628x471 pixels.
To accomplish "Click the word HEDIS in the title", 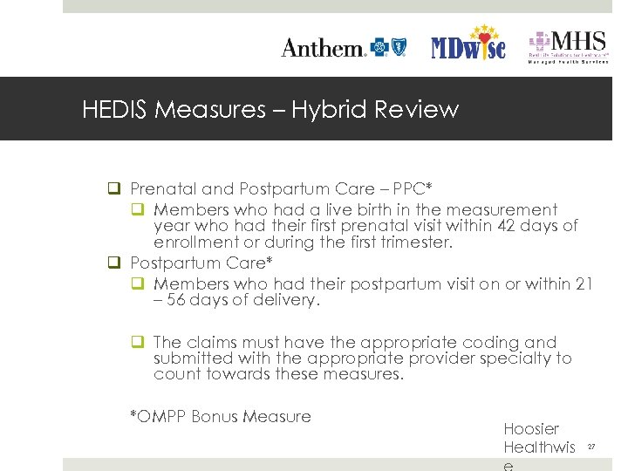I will tap(113, 110).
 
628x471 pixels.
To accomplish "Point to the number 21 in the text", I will tap(584, 284).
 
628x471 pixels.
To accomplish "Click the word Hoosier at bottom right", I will tap(531, 429).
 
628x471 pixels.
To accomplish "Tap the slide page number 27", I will tap(590, 447).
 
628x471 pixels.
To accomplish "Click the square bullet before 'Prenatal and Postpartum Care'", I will tap(113, 188).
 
